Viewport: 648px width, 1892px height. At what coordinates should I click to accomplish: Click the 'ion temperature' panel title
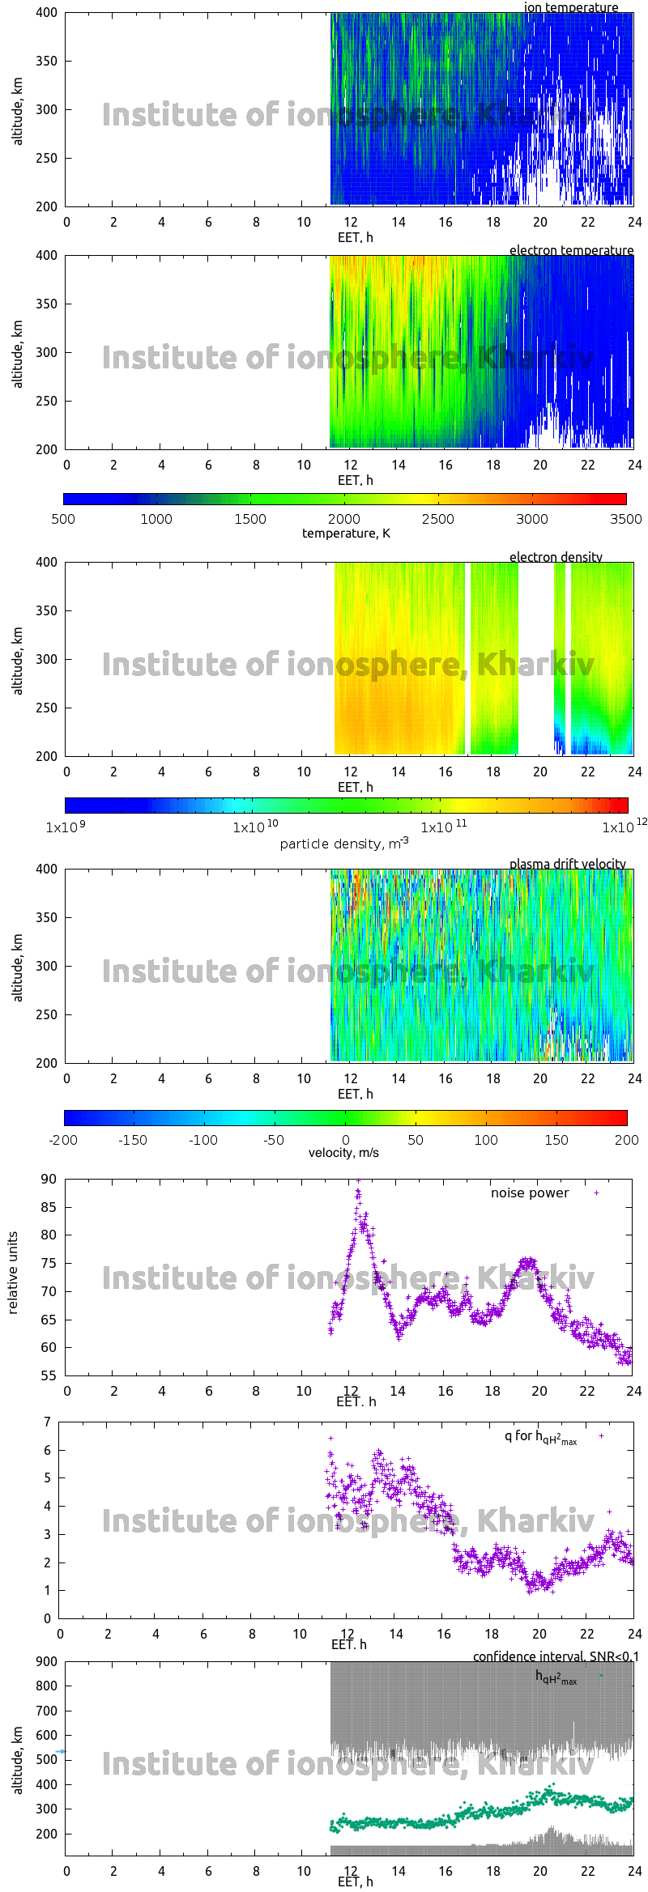pos(571,7)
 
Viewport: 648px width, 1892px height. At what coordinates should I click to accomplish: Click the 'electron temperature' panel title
pos(571,250)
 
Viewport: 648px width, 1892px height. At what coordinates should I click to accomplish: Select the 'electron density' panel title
pos(556,557)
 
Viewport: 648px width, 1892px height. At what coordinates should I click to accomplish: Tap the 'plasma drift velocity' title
pos(567,864)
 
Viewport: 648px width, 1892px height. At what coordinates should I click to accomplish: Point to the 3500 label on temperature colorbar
pos(625,519)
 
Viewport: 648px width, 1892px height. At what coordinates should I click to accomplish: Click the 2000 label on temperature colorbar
pos(344,519)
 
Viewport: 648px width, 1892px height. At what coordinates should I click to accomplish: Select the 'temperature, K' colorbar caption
pos(346,533)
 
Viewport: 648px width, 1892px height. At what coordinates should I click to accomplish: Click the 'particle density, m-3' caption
pos(344,844)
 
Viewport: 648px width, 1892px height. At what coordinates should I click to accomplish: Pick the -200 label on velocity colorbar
pos(63,1140)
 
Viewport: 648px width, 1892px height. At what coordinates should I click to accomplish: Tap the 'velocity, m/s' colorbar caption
pos(343,1153)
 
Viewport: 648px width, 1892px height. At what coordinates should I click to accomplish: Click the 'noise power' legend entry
pos(530,1193)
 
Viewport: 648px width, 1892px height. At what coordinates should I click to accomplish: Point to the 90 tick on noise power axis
pos(49,1179)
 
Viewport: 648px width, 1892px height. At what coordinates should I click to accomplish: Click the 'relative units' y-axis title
pos(13,1273)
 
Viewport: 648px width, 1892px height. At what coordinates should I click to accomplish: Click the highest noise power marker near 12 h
pos(358,1182)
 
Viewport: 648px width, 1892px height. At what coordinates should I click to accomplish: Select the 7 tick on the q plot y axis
pos(47,1422)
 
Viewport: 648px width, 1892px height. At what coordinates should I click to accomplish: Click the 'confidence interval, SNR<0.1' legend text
pos(556,1656)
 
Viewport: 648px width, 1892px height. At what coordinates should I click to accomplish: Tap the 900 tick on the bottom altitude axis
pos(47,1661)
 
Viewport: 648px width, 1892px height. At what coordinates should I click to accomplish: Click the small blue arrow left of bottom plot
pos(61,1751)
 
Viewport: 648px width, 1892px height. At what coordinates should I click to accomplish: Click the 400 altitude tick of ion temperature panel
pos(46,13)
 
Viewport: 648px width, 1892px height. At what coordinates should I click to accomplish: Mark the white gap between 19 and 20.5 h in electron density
pos(535,658)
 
